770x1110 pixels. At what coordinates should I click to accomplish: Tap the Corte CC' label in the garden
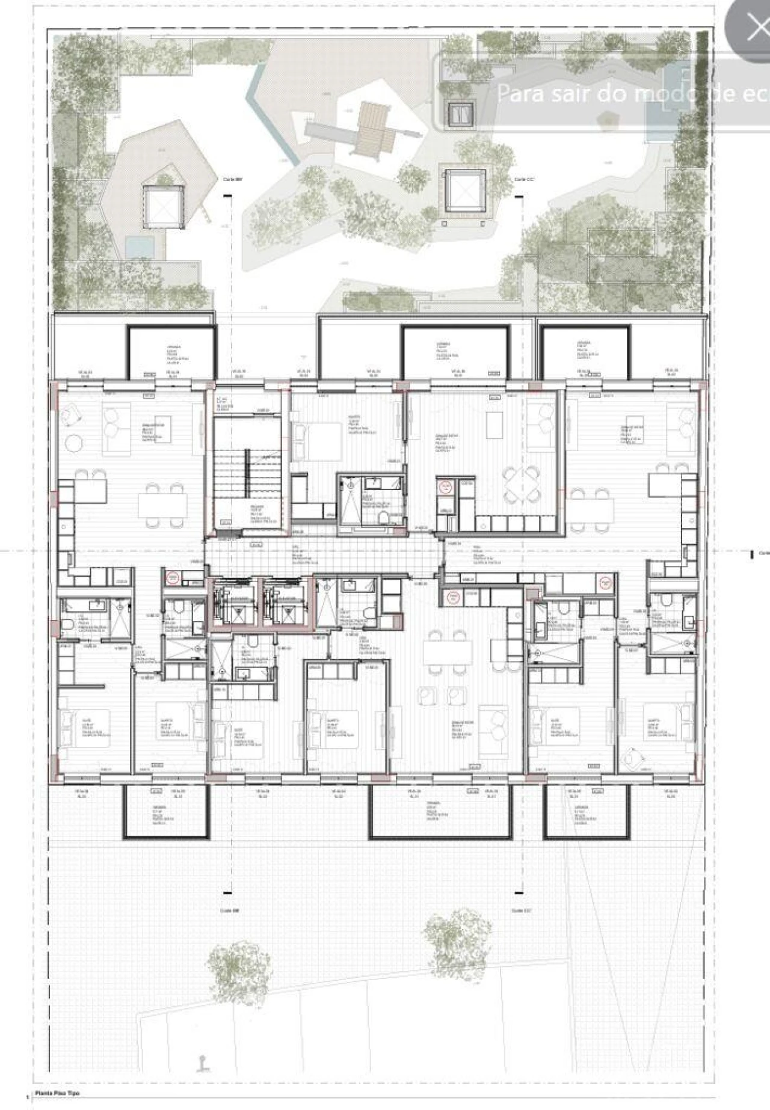[521, 180]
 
